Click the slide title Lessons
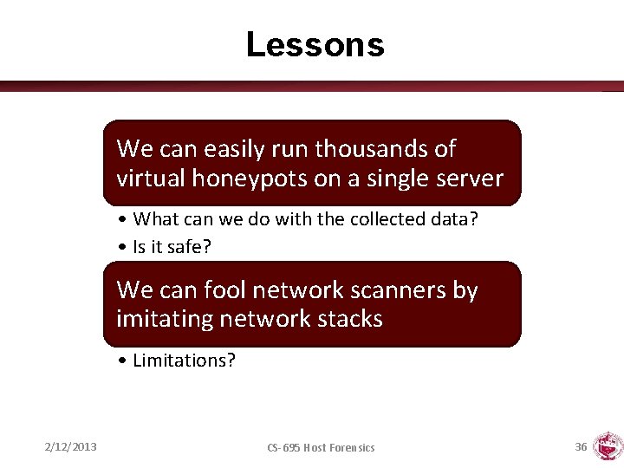315,44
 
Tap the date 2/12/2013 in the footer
71,446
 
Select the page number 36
581,446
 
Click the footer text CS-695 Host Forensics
321,447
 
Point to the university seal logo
607,445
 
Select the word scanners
404,290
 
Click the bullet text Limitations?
184,361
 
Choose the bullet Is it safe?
172,247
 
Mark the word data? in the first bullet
454,219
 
